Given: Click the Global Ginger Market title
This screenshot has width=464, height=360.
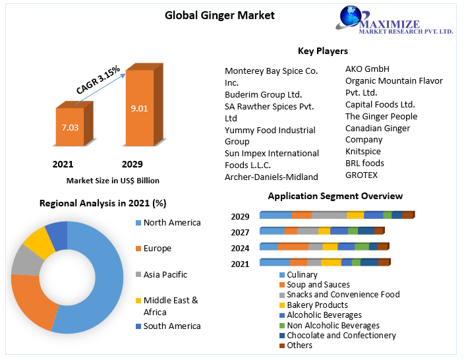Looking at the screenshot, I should [x=219, y=15].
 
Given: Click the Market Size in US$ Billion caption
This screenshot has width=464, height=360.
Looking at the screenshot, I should [x=113, y=180].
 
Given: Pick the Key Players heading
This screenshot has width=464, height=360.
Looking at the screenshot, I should [x=322, y=51].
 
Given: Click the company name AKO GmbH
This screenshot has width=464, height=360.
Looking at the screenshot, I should [x=367, y=69].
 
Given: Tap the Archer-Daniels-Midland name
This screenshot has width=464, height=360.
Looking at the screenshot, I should [x=272, y=177].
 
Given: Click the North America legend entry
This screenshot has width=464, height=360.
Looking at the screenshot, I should [x=171, y=222].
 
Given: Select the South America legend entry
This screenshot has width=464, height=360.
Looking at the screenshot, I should [x=171, y=326].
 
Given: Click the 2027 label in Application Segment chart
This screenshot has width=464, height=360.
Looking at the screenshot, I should [x=240, y=232].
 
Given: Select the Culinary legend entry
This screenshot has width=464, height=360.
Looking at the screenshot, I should [x=302, y=275].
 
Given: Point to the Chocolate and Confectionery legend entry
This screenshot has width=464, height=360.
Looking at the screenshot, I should [x=341, y=335].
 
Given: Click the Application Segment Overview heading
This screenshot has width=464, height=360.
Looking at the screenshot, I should [x=335, y=196].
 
